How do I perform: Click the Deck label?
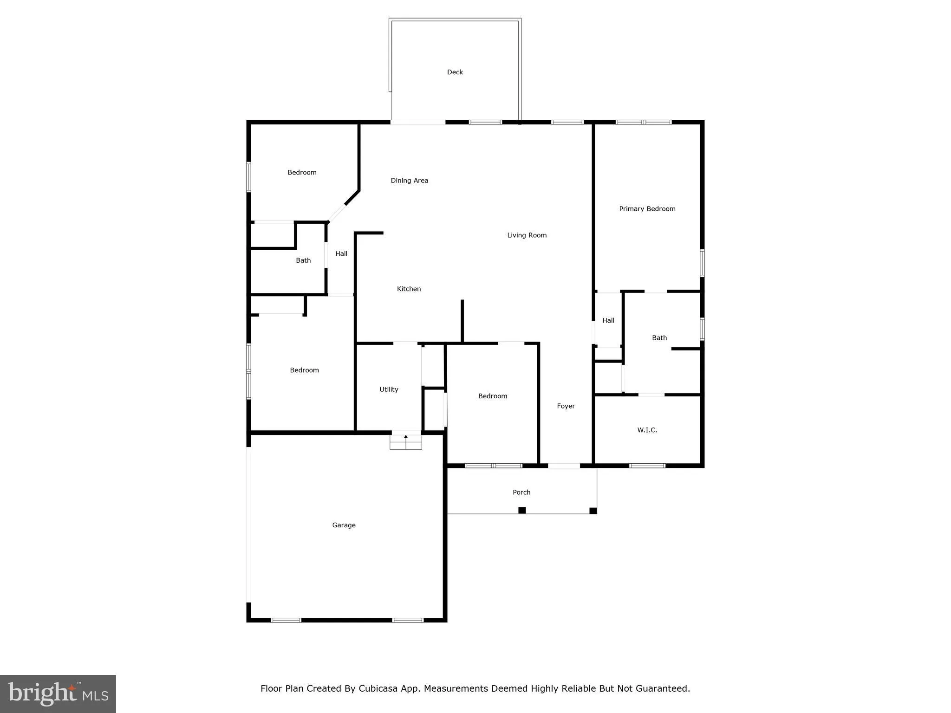[x=455, y=72]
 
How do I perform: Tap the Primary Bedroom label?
[x=647, y=209]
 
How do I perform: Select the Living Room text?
[x=527, y=235]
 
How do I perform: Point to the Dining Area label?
[x=409, y=181]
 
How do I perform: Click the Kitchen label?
[x=409, y=289]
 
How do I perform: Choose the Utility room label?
[x=389, y=389]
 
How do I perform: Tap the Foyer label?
[x=566, y=406]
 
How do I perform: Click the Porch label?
[x=521, y=492]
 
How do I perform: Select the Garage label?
[x=344, y=525]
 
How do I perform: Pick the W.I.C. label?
[x=647, y=430]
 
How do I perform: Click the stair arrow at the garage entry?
[x=406, y=437]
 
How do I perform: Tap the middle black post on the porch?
[x=522, y=510]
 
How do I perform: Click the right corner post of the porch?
[x=593, y=511]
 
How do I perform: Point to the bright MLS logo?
[x=58, y=694]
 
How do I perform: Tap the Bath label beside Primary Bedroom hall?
[x=659, y=338]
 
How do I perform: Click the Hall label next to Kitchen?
[x=341, y=254]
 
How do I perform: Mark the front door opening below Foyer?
[x=564, y=466]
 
